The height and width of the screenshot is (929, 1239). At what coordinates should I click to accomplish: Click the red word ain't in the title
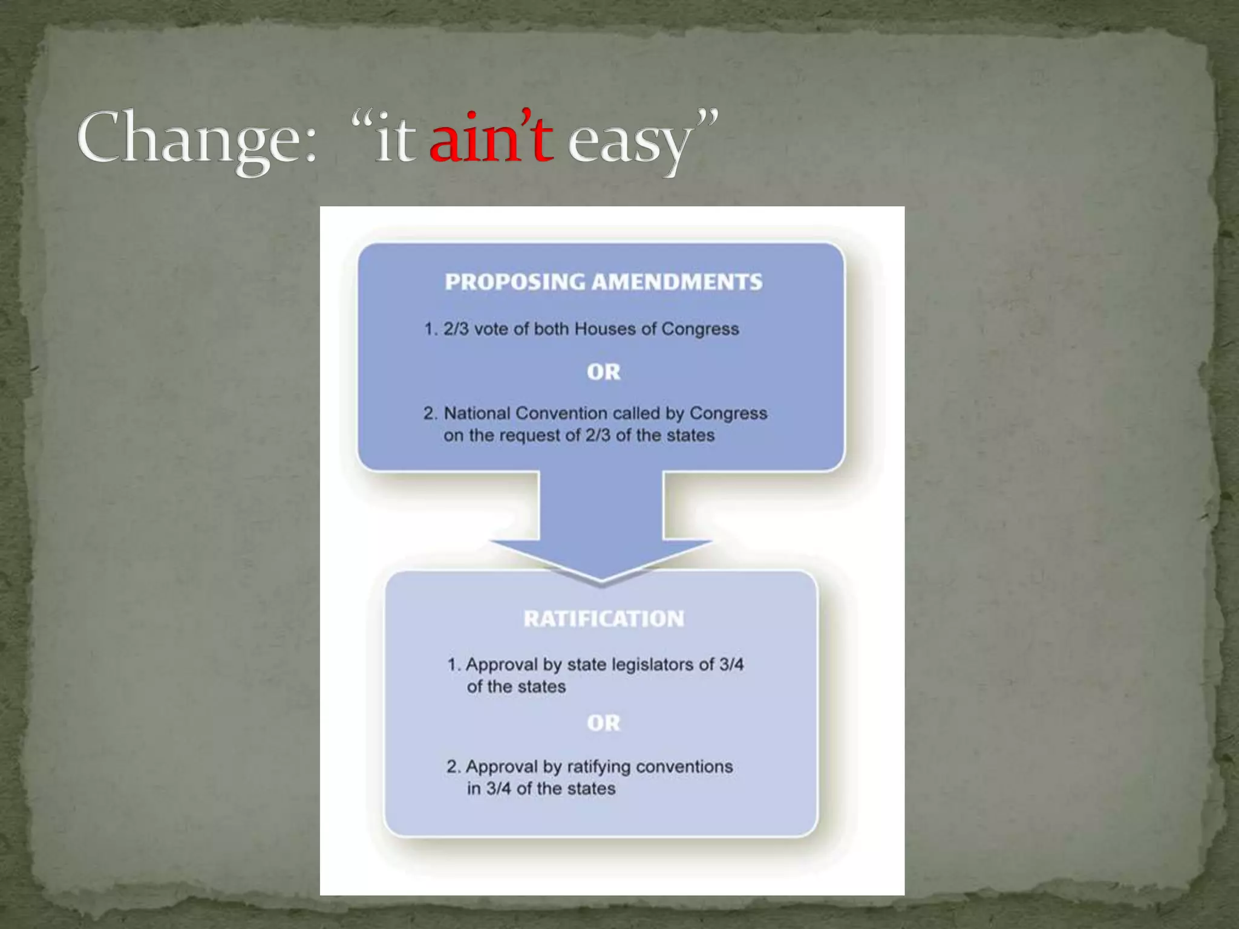pyautogui.click(x=491, y=140)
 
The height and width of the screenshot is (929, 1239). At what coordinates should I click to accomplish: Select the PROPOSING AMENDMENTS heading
pyautogui.click(x=603, y=282)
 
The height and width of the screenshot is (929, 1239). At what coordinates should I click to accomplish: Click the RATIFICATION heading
pyautogui.click(x=603, y=619)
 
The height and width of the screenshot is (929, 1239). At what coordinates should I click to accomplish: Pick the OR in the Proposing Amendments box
pyautogui.click(x=603, y=372)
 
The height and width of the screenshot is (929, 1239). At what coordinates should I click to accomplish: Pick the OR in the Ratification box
pyautogui.click(x=603, y=723)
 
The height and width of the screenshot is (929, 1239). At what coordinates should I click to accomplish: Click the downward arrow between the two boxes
pyautogui.click(x=601, y=526)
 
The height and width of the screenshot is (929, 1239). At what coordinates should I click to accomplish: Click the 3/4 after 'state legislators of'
pyautogui.click(x=731, y=665)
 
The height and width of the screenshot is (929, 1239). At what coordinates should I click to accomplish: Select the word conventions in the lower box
pyautogui.click(x=684, y=767)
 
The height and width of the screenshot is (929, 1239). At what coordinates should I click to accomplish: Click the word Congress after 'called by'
pyautogui.click(x=728, y=414)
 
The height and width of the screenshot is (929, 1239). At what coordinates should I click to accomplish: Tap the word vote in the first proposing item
pyautogui.click(x=491, y=329)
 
